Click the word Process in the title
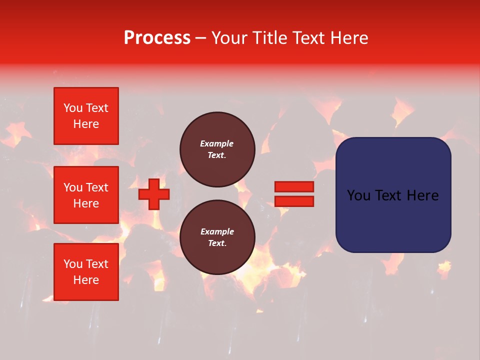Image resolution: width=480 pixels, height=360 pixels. [157, 38]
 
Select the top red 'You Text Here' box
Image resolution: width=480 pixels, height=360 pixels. [86, 116]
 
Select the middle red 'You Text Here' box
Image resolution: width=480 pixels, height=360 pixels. [86, 195]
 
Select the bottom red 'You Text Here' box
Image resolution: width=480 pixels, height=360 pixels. [86, 272]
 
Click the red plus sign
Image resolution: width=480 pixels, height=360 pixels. [154, 194]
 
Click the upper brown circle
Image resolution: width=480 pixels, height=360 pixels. [217, 149]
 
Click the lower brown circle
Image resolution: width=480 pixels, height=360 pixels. [217, 237]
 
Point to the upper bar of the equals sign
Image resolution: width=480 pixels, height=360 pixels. [294, 186]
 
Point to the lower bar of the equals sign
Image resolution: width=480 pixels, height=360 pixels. [294, 201]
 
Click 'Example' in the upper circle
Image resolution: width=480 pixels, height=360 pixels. [217, 143]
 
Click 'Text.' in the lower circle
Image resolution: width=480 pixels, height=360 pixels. [217, 243]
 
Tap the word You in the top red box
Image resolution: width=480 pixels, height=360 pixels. [73, 108]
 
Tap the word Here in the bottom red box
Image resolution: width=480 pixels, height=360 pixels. [86, 280]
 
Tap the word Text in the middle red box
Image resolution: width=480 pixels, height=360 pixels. [96, 187]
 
